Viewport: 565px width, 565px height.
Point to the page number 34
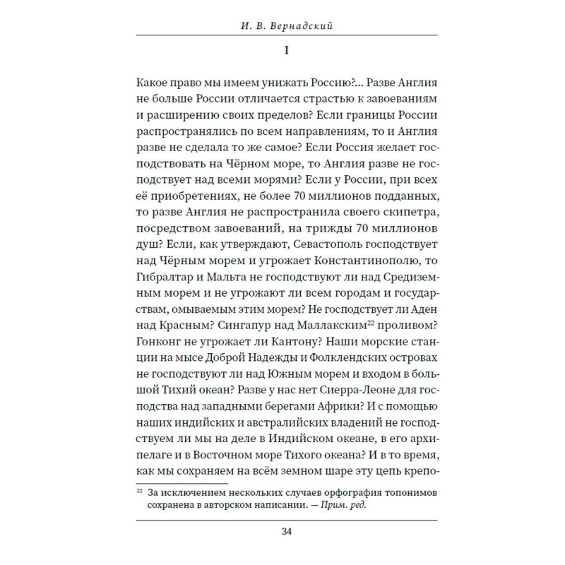pos(282,532)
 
